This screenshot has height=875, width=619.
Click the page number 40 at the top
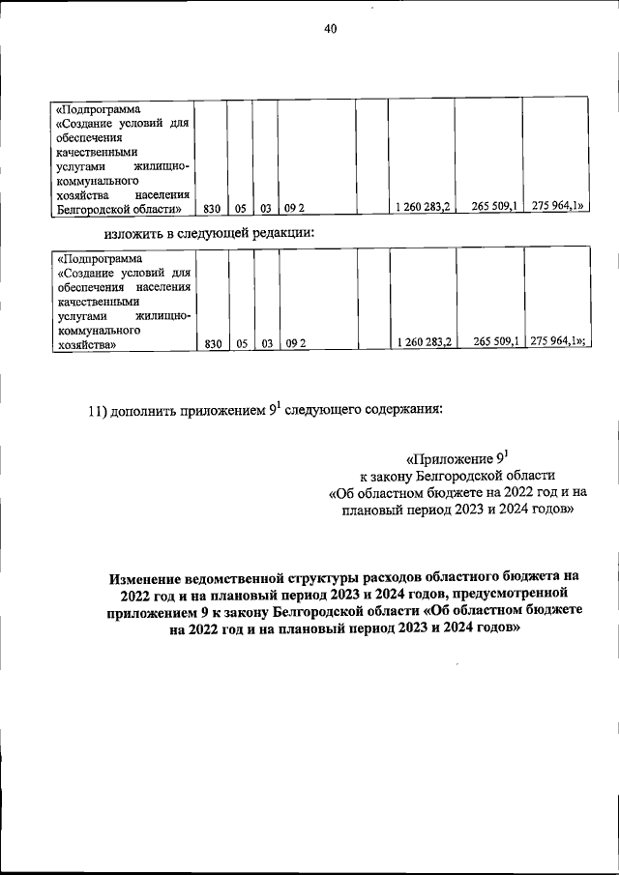point(330,30)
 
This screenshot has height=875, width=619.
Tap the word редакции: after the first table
point(281,232)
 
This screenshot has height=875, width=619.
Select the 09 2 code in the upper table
point(295,208)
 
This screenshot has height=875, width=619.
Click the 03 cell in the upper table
point(265,208)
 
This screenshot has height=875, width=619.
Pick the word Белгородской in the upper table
point(95,208)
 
